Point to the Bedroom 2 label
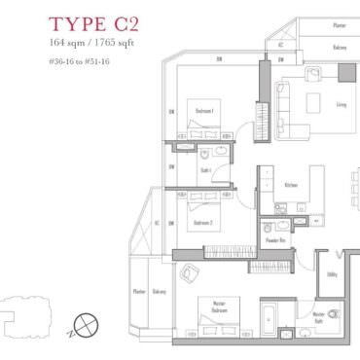202,223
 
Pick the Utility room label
332,274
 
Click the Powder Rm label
275,239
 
